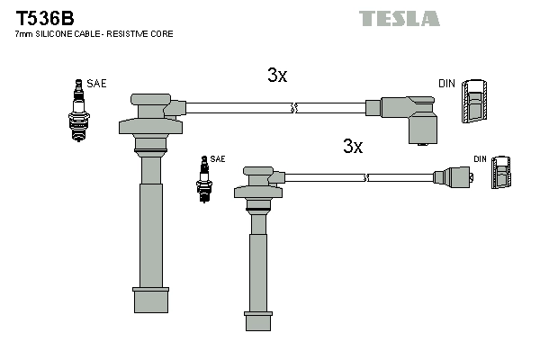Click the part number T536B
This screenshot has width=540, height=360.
(x=41, y=17)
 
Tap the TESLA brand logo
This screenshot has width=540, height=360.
(x=400, y=18)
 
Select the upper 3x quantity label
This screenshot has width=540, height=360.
(x=277, y=76)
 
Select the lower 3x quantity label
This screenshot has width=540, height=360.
(x=352, y=146)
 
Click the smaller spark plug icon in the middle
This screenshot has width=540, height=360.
(x=203, y=177)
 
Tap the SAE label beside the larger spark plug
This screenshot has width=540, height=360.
(x=96, y=84)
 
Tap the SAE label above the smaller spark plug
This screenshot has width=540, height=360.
(x=219, y=158)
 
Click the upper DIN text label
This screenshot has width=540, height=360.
(x=446, y=84)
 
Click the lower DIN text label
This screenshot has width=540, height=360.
(x=480, y=159)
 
